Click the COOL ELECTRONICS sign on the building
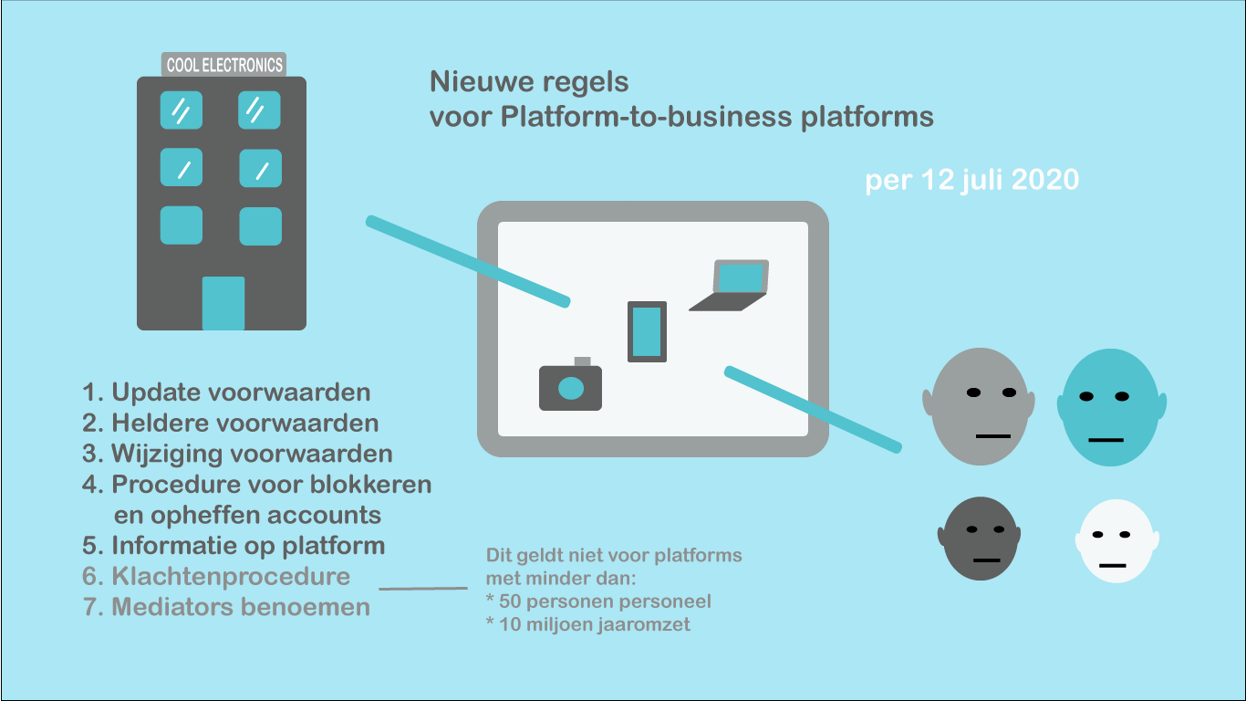click(223, 65)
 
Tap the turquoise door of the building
click(223, 303)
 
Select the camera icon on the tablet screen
click(570, 384)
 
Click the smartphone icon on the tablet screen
click(647, 332)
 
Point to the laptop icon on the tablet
click(729, 285)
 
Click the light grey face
click(979, 406)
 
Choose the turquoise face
click(1111, 407)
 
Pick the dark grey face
click(980, 539)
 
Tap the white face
click(1117, 541)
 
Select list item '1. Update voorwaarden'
click(226, 392)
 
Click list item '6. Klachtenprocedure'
click(216, 576)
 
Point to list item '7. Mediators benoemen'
click(226, 607)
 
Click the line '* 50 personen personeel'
click(598, 602)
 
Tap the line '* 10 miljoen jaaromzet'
click(588, 624)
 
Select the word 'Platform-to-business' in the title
click(646, 116)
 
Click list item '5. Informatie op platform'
click(234, 546)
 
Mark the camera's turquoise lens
click(571, 388)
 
